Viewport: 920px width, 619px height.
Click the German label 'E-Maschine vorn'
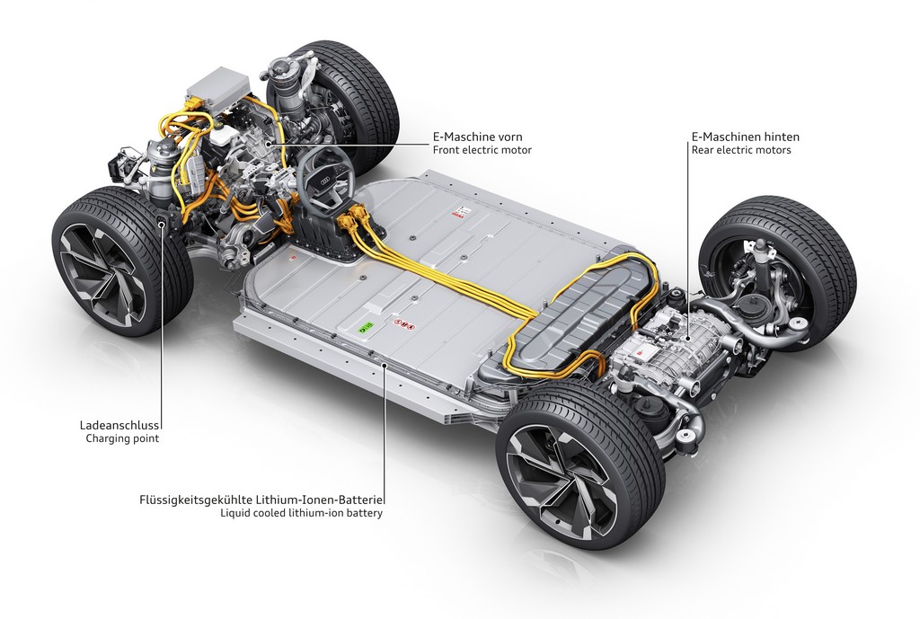pyautogui.click(x=478, y=137)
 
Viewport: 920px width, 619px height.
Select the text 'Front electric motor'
pyautogui.click(x=482, y=150)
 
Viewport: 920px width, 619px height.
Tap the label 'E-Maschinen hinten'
pyautogui.click(x=745, y=137)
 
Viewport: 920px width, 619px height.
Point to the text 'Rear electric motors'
pyautogui.click(x=741, y=150)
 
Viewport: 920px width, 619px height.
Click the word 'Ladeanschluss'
pyautogui.click(x=119, y=425)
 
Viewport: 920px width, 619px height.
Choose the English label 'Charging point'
pyautogui.click(x=122, y=438)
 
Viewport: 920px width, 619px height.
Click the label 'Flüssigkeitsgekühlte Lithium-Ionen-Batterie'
pyautogui.click(x=261, y=500)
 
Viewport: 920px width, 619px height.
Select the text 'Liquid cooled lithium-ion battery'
pyautogui.click(x=302, y=513)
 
